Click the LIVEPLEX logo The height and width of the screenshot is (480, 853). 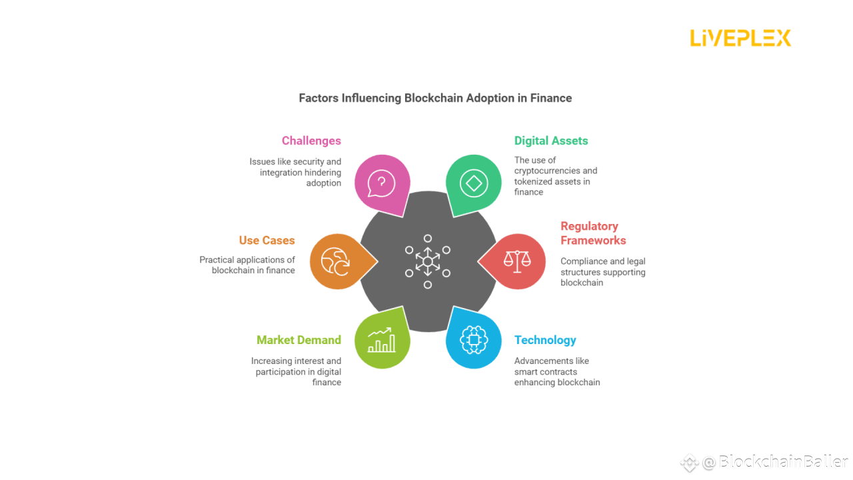click(x=740, y=38)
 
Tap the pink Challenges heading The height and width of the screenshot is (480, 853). click(x=311, y=141)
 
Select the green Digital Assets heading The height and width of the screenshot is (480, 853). click(x=551, y=141)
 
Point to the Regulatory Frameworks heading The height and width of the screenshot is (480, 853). click(x=593, y=233)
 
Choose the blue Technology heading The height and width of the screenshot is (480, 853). click(x=545, y=340)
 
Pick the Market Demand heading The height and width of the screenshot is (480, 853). click(x=299, y=340)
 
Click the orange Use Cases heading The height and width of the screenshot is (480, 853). click(x=267, y=241)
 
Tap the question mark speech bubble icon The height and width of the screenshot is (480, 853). click(x=382, y=183)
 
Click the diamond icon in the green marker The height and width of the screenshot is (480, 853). click(x=474, y=183)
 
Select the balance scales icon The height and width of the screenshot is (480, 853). click(x=517, y=261)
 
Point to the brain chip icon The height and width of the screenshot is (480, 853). click(x=474, y=339)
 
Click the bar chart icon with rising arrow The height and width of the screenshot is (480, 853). click(x=382, y=339)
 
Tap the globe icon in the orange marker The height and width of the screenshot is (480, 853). click(x=336, y=261)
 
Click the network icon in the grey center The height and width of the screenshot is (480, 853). click(x=428, y=261)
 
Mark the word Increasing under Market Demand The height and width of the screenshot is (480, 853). click(x=273, y=361)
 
